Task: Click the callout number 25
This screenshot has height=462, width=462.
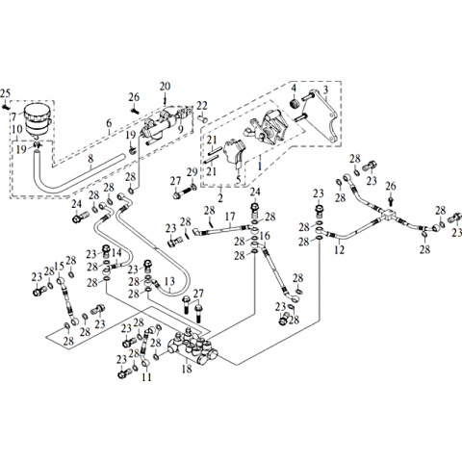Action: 5,93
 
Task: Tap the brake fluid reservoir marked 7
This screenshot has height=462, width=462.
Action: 38,119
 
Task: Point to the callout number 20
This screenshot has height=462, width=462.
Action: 166,87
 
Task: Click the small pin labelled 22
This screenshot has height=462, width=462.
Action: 203,119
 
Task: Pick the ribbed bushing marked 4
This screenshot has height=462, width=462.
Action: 295,104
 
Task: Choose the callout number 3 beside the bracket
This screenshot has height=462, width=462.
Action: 325,90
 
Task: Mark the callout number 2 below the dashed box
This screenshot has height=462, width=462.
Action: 220,197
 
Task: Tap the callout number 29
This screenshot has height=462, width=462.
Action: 192,172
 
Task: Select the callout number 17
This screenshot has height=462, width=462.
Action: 230,217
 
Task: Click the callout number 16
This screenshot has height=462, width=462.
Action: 265,237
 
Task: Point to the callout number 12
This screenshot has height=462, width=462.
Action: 339,249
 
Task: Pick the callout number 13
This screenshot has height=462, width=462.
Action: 169,282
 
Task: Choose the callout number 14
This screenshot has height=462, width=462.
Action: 116,252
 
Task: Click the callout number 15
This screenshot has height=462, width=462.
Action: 60,266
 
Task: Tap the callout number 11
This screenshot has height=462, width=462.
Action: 146,377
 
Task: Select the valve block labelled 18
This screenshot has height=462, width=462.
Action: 192,347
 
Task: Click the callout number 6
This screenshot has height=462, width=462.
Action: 109,123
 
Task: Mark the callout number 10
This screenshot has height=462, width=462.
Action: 17,130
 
